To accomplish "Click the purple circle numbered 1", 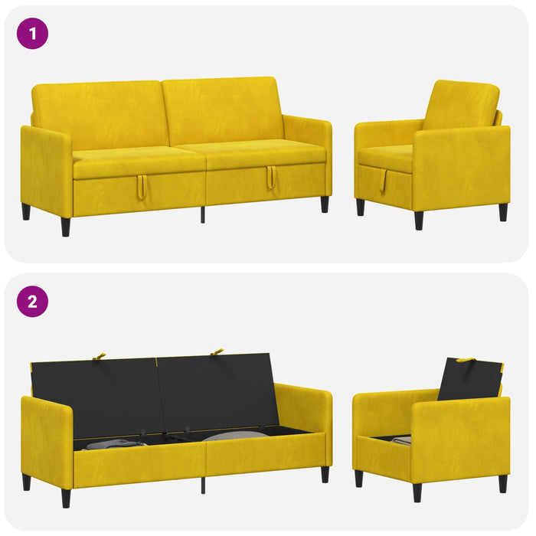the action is [32, 34].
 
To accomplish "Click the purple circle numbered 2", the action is [32, 302].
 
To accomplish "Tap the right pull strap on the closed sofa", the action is [271, 177].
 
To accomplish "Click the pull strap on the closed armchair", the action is [383, 181].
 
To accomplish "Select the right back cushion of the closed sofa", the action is [222, 109].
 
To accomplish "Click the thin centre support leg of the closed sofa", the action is [203, 214].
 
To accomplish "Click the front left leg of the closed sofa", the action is [66, 227].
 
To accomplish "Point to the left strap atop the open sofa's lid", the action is [99, 357].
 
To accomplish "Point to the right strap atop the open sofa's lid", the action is [217, 351].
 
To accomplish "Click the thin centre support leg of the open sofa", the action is [203, 485].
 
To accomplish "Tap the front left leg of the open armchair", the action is [417, 492].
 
